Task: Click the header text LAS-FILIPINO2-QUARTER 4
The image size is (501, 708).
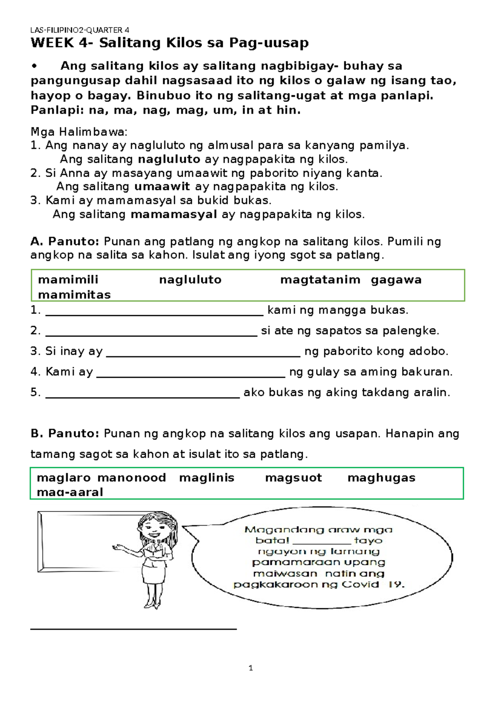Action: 80,30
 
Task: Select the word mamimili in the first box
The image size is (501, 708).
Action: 68,280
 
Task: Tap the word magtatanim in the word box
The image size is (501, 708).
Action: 320,280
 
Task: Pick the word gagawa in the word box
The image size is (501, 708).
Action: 396,280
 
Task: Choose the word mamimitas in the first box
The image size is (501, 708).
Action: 74,295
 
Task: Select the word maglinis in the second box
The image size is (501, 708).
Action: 207,478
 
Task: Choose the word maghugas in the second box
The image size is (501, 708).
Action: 381,478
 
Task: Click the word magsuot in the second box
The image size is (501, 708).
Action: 293,478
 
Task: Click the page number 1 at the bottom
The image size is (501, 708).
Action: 250,668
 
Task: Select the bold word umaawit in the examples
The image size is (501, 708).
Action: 162,187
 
